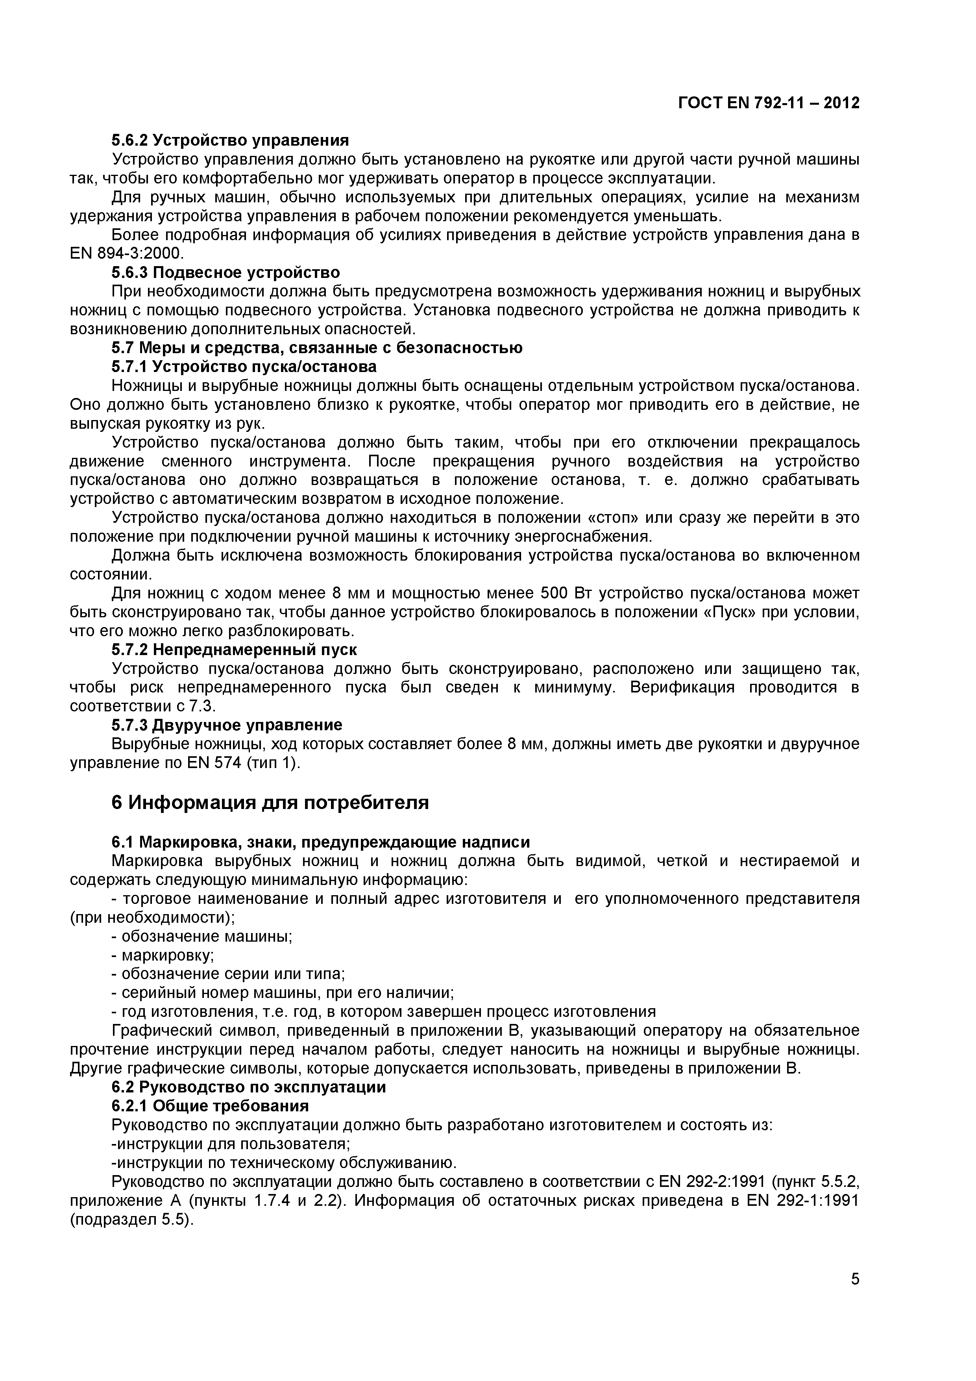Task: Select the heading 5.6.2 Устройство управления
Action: click(230, 140)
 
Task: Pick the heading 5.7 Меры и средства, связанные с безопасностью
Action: click(317, 348)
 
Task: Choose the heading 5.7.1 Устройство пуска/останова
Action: click(244, 366)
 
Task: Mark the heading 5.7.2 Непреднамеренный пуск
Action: click(234, 650)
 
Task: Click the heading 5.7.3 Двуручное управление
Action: click(227, 725)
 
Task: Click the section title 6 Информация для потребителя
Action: click(270, 802)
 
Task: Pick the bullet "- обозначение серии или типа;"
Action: click(229, 974)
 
